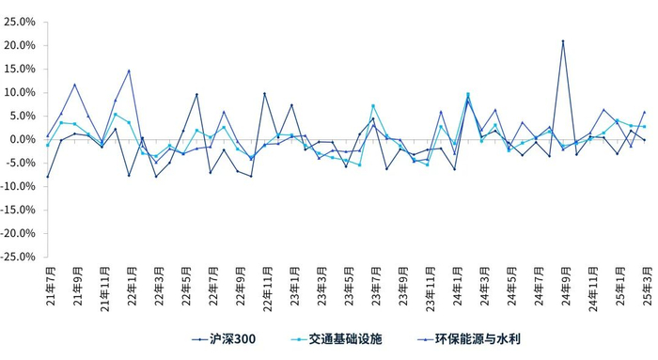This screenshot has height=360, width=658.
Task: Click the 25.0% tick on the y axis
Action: coord(21,22)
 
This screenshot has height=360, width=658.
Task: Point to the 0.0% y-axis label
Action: coord(23,139)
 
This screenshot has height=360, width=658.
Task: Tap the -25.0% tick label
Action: coord(19,257)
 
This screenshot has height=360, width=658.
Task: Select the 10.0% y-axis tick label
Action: coord(21,92)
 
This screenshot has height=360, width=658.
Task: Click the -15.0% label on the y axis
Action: coord(19,210)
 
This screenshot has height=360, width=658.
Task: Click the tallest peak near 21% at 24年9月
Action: coord(563,41)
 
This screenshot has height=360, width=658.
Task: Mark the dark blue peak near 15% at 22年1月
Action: coord(129,70)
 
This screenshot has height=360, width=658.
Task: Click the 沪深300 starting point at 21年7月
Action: coord(48,177)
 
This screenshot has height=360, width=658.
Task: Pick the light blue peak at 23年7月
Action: coord(373,105)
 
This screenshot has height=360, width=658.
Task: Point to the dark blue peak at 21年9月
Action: coord(75,85)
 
